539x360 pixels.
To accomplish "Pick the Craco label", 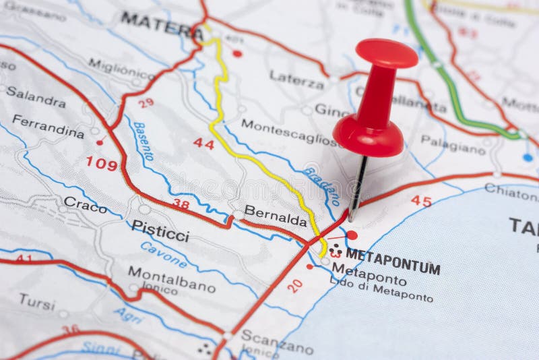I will (x=85, y=204).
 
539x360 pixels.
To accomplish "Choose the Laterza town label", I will (x=296, y=79).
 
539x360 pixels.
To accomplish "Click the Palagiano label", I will (x=453, y=144).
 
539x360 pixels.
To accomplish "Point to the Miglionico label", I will (x=122, y=69).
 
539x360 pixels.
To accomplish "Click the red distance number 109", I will (x=101, y=163).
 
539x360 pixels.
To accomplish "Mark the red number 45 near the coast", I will (x=421, y=200).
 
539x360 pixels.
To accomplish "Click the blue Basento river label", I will (x=144, y=141).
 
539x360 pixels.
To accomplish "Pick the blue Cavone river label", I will (x=164, y=255).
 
